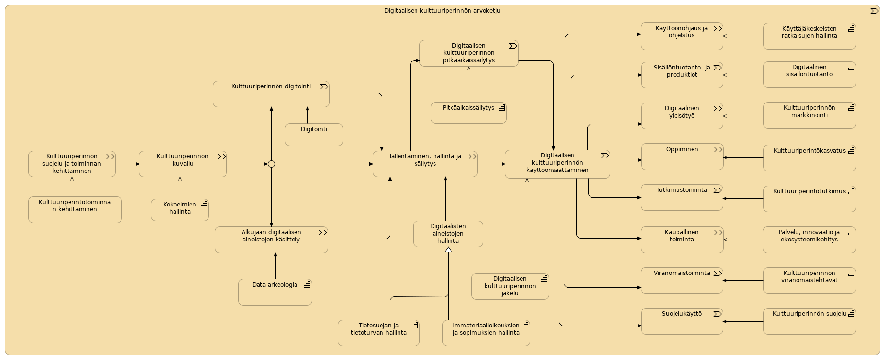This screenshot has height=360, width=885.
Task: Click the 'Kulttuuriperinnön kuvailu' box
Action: point(183,164)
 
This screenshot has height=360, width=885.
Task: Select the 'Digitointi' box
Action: point(313,135)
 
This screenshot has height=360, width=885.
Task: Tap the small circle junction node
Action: point(271,164)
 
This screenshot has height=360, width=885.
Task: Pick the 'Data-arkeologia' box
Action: point(275,292)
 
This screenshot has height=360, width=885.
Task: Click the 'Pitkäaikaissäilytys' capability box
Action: point(469,113)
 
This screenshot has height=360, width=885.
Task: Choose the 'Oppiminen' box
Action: point(682,156)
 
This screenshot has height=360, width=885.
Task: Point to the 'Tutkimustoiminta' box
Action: point(682,197)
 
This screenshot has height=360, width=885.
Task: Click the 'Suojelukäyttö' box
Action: point(682,322)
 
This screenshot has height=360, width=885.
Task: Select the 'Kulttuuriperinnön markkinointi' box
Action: point(809,115)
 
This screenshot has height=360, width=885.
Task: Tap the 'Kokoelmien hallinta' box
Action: point(179,210)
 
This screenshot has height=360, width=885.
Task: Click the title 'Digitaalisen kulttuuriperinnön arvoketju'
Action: point(442,11)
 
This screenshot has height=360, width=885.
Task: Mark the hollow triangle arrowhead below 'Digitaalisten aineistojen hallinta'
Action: point(448,250)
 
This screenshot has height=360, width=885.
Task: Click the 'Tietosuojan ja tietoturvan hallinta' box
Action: point(379,333)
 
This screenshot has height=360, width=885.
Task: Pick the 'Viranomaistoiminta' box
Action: point(682,280)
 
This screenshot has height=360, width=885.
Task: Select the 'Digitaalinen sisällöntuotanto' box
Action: point(809,74)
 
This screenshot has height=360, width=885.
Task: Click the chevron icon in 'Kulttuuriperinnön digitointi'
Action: point(324,87)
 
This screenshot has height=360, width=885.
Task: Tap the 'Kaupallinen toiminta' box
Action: point(682,240)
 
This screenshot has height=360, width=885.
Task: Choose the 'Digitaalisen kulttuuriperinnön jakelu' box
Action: point(510,286)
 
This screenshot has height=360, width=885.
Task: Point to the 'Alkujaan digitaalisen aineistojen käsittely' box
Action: point(271,240)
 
